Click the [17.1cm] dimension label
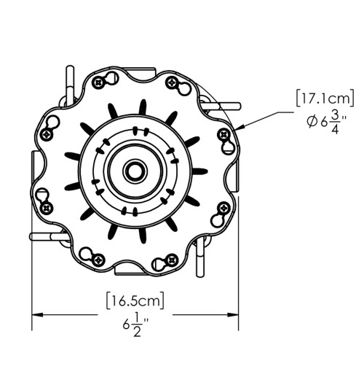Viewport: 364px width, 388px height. point(325,98)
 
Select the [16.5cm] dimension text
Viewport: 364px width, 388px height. point(135,300)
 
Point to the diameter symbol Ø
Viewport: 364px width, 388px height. point(312,122)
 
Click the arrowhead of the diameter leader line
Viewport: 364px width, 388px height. point(240,128)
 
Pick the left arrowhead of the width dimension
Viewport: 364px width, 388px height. point(38,315)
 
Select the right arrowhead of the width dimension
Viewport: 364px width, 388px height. point(233,315)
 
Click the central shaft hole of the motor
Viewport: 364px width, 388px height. point(135,171)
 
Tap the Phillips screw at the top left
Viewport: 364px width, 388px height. point(98,82)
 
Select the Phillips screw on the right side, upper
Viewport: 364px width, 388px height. point(224,135)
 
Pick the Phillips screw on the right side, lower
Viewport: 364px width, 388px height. point(224,208)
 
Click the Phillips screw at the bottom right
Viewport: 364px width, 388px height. point(172,260)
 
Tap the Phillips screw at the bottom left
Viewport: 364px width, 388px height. point(98,260)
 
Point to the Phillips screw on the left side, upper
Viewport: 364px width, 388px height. point(47,135)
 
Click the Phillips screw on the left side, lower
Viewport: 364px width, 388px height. point(46,208)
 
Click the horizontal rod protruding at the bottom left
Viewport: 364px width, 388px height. point(50,236)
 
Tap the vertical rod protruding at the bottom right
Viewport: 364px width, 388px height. point(200,257)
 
